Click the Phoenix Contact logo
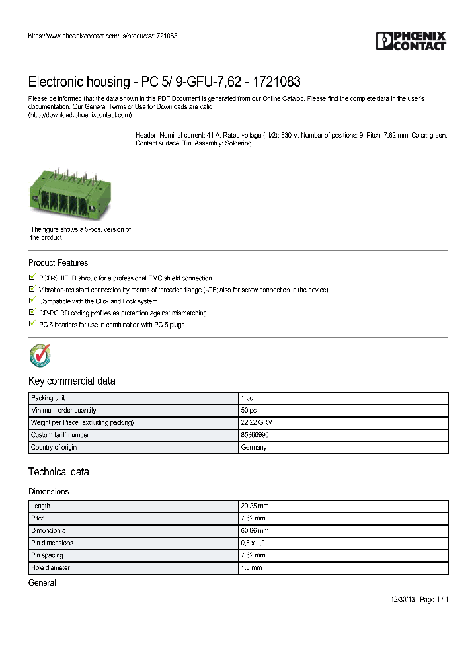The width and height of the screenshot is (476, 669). (x=411, y=41)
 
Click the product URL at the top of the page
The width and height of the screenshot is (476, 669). (x=102, y=36)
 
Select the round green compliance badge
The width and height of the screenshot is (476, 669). (x=40, y=355)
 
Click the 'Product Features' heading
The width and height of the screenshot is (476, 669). (x=58, y=263)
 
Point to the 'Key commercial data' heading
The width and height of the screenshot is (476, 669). (x=71, y=381)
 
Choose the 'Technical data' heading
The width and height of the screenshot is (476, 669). (x=58, y=472)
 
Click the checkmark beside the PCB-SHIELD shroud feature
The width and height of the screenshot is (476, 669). (x=32, y=278)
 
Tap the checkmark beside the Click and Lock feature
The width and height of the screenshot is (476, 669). (x=32, y=301)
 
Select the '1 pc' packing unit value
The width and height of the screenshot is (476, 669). (x=247, y=398)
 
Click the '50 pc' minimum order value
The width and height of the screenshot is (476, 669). (x=249, y=411)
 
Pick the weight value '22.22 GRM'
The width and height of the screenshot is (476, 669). (x=255, y=422)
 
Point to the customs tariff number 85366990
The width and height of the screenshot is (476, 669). (x=255, y=435)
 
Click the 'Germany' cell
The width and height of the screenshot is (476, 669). (x=254, y=448)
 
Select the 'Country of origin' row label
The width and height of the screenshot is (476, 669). (x=54, y=448)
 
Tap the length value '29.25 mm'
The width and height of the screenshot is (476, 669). (x=255, y=506)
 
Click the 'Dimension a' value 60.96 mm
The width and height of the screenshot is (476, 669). (x=255, y=531)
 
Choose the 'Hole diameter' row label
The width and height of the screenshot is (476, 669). (x=50, y=568)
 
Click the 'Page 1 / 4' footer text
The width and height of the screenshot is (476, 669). (x=434, y=600)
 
